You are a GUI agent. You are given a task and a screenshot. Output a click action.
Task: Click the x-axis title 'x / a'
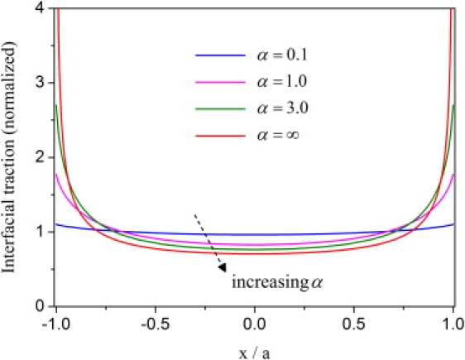pos(256,350)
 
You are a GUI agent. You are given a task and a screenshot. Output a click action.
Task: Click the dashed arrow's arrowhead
pos(221,266)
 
